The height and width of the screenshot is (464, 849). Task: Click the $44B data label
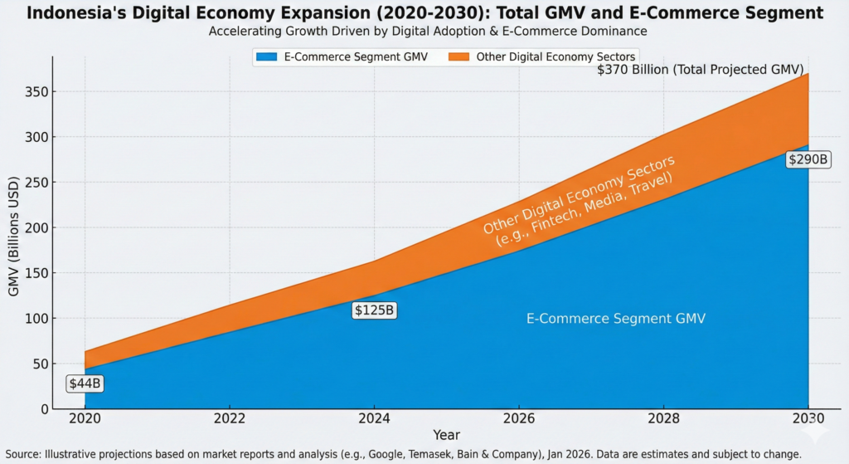85,384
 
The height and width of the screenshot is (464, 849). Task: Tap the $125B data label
375,310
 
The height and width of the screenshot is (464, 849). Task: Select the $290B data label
808,159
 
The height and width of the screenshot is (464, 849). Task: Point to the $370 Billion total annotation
701,71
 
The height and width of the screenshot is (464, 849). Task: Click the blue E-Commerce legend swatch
270,56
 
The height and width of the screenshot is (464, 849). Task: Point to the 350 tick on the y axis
37,92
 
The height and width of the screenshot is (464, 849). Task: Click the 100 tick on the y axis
37,319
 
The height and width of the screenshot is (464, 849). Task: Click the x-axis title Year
446,435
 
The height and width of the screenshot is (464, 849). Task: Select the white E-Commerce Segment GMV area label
616,319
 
